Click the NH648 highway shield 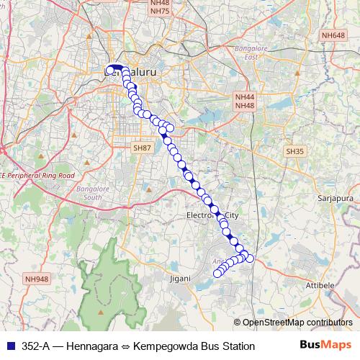pyautogui.click(x=334, y=35)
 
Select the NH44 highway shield pyautogui.click(x=245, y=96)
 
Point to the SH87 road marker pyautogui.click(x=142, y=147)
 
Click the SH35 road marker pyautogui.click(x=294, y=151)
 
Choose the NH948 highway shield pyautogui.click(x=36, y=279)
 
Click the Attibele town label pyautogui.click(x=322, y=286)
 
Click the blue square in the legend pyautogui.click(x=10, y=346)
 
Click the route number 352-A pyautogui.click(x=36, y=346)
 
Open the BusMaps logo pyautogui.click(x=325, y=346)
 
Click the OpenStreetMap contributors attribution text pyautogui.click(x=297, y=322)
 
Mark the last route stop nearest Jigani pyautogui.click(x=217, y=273)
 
